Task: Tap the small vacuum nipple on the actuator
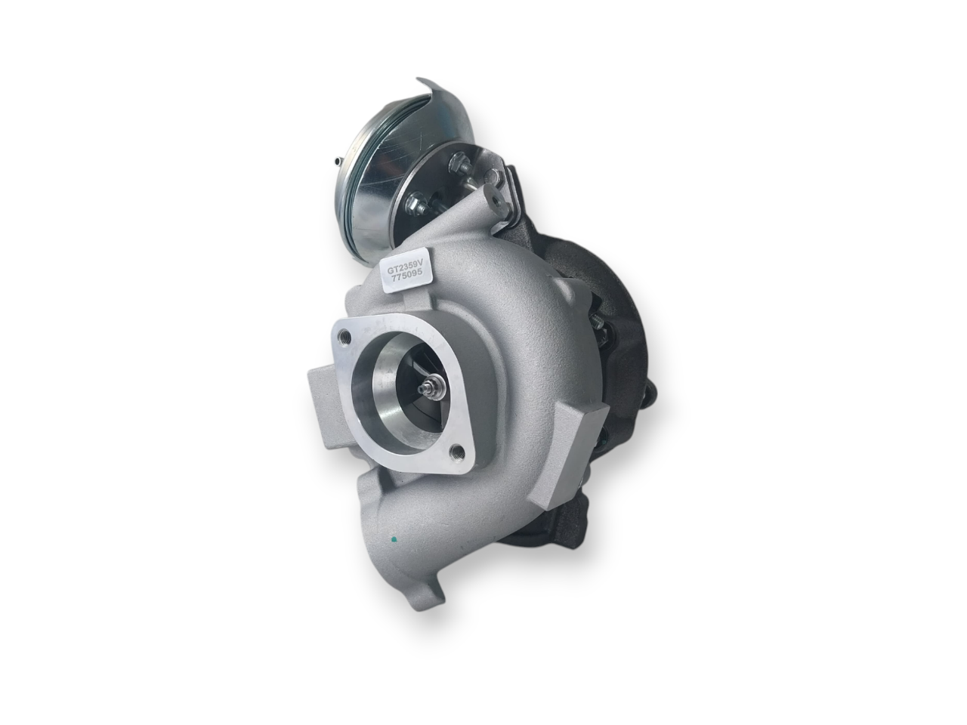click(x=335, y=161)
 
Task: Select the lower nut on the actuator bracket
click(x=416, y=202)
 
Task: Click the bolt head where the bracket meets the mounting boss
click(x=495, y=179)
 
